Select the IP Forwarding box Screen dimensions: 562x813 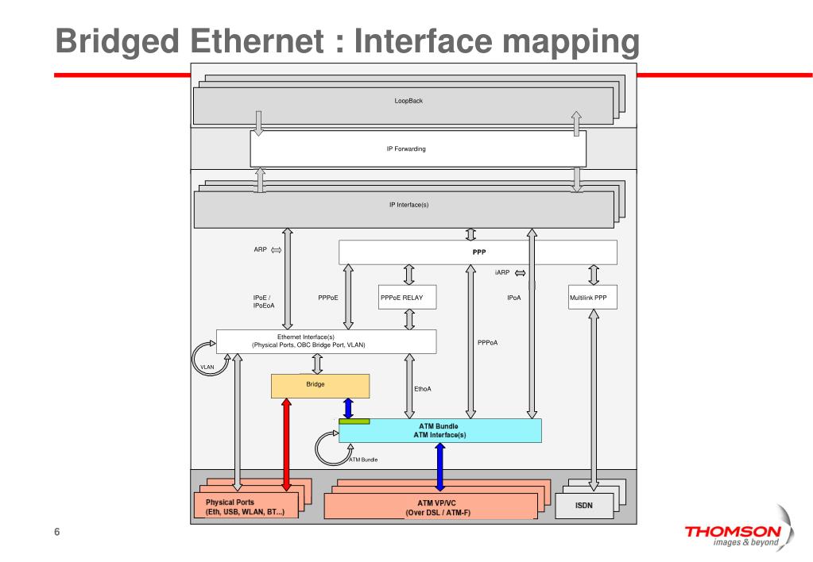click(417, 148)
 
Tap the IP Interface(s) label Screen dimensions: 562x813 click(408, 205)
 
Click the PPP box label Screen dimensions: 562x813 click(478, 252)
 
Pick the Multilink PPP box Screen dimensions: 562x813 click(594, 298)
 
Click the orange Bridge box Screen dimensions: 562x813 click(320, 386)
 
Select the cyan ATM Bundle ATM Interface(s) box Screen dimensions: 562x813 click(439, 431)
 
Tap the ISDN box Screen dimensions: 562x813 click(584, 505)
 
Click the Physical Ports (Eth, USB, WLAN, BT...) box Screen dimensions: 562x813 click(246, 507)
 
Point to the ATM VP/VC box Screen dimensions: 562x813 click(436, 507)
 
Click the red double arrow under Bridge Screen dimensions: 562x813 click(286, 445)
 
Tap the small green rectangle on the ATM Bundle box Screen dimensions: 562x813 click(354, 421)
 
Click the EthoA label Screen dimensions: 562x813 click(423, 389)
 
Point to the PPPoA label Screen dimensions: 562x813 click(487, 343)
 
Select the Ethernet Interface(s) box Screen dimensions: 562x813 click(326, 341)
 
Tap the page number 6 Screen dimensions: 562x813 click(56, 532)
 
